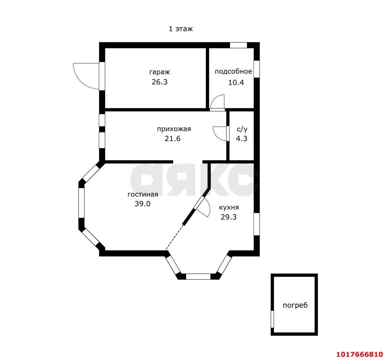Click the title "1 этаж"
pyautogui.click(x=181, y=29)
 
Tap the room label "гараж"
pyautogui.click(x=159, y=72)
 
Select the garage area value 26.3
pyautogui.click(x=159, y=82)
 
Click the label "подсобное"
pyautogui.click(x=233, y=71)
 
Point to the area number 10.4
pyautogui.click(x=236, y=83)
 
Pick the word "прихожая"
pyautogui.click(x=174, y=129)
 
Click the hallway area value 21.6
pyautogui.click(x=172, y=139)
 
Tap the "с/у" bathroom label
pyautogui.click(x=242, y=129)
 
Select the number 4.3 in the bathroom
pyautogui.click(x=242, y=139)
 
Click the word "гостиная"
pyautogui.click(x=143, y=194)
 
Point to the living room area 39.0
pyautogui.click(x=142, y=204)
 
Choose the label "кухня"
pyautogui.click(x=229, y=208)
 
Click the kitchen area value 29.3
pyautogui.click(x=229, y=217)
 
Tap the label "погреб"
pyautogui.click(x=295, y=305)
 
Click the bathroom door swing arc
pyautogui.click(x=216, y=136)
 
